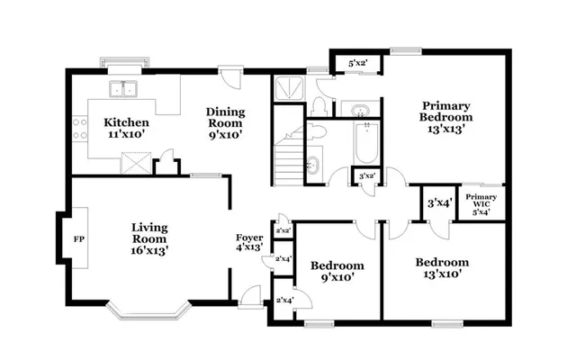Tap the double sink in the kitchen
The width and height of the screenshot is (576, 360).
click(124, 89)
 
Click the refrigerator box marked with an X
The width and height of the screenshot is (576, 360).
click(135, 164)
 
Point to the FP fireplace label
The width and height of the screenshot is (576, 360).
click(78, 241)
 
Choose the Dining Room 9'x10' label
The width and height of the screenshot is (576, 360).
click(226, 123)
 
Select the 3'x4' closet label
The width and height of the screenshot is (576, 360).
click(438, 202)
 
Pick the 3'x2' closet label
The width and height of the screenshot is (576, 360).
click(366, 176)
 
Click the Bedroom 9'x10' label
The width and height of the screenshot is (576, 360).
click(337, 271)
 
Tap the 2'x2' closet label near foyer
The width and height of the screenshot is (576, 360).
click(283, 230)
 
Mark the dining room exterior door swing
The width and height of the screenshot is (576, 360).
click(231, 81)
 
